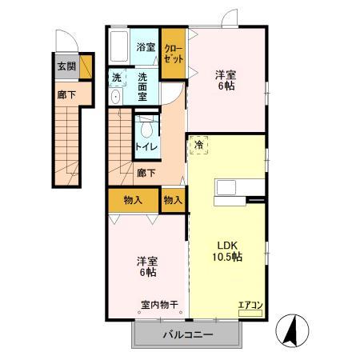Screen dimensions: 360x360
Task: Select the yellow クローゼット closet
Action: tap(173, 54)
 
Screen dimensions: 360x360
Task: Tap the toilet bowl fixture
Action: tap(146, 129)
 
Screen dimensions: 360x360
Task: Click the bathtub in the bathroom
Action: tap(120, 48)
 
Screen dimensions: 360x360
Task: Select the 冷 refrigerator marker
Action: tap(198, 145)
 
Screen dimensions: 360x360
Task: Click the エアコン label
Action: tap(250, 304)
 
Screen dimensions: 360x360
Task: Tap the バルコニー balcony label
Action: tap(189, 334)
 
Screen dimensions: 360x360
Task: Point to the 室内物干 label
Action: tap(159, 305)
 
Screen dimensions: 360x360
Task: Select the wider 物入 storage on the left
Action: tap(133, 200)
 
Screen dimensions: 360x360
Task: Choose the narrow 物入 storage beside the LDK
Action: tap(173, 200)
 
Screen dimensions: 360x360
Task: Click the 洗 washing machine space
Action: tap(117, 78)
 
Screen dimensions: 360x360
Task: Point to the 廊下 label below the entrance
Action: tap(63, 94)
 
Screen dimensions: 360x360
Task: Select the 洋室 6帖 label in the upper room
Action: tap(224, 81)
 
